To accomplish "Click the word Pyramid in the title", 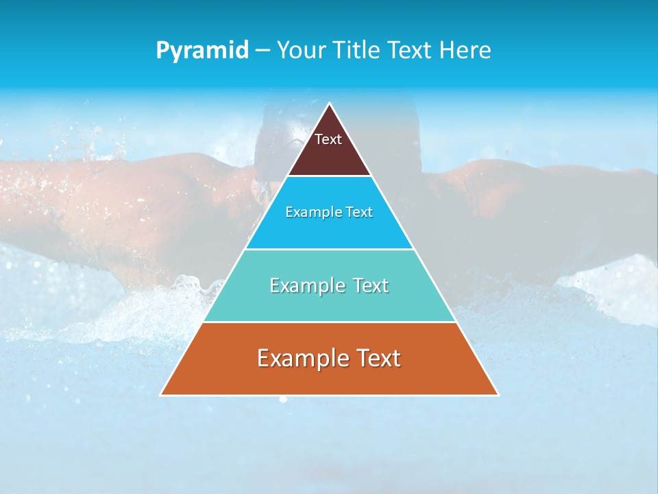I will click(x=202, y=51).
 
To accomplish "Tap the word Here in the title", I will click(x=465, y=51).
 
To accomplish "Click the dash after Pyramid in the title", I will click(x=262, y=51).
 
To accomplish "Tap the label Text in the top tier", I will click(x=328, y=139).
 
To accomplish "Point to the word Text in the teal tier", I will click(x=368, y=285).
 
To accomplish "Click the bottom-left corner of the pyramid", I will click(x=161, y=395).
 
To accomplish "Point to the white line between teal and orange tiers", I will click(x=329, y=322).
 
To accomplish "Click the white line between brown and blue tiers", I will click(x=329, y=176).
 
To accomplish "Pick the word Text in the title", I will click(x=409, y=51).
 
